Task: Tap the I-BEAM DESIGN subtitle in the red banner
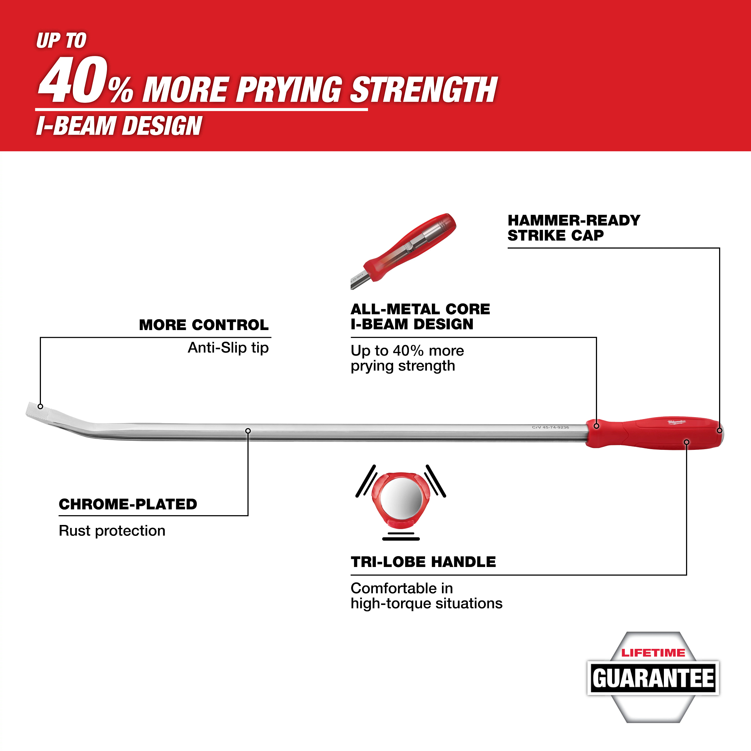pyautogui.click(x=119, y=126)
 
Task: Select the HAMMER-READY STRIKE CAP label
pyautogui.click(x=574, y=228)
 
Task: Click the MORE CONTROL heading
pyautogui.click(x=204, y=325)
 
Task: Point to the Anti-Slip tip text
pyautogui.click(x=228, y=347)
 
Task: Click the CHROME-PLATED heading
pyautogui.click(x=128, y=504)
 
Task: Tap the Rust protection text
pyautogui.click(x=112, y=531)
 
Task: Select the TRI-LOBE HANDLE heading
pyautogui.click(x=423, y=562)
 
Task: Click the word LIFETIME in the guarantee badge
pyautogui.click(x=653, y=653)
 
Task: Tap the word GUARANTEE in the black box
pyautogui.click(x=653, y=678)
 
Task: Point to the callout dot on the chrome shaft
pyautogui.click(x=248, y=431)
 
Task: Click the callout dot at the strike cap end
pyautogui.click(x=719, y=430)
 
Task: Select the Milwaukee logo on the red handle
pyautogui.click(x=677, y=422)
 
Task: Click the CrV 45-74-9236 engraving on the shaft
pyautogui.click(x=550, y=427)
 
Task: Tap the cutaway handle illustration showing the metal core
pyautogui.click(x=403, y=251)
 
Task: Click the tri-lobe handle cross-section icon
pyautogui.click(x=401, y=501)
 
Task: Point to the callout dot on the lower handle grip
pyautogui.click(x=686, y=442)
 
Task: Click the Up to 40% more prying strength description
pyautogui.click(x=407, y=358)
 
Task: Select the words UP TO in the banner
pyautogui.click(x=62, y=41)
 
